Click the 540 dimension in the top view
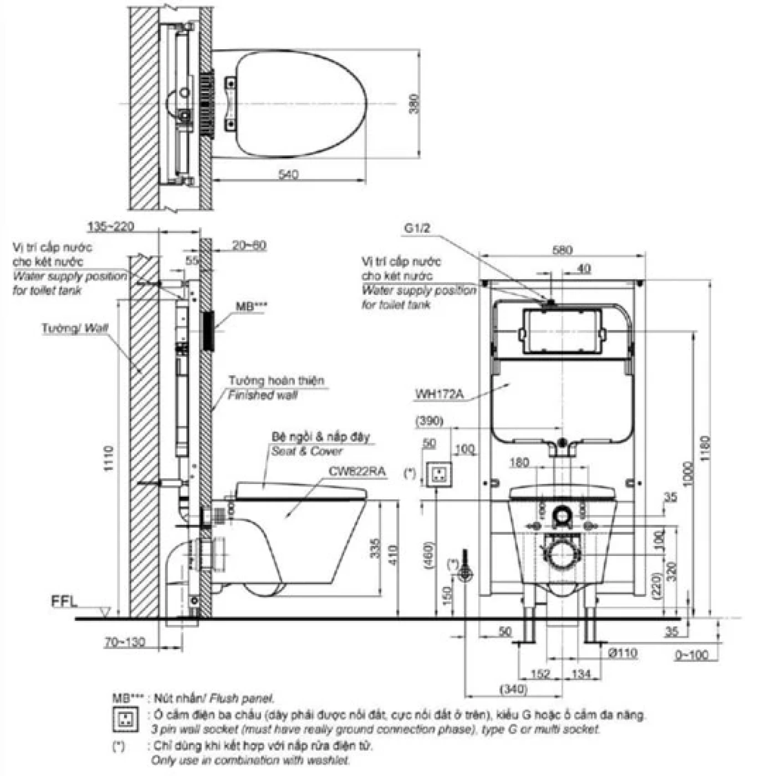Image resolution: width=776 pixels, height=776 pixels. [x=288, y=174]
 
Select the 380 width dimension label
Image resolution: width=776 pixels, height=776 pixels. [x=414, y=104]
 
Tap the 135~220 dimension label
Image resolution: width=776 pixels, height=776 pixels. [x=110, y=227]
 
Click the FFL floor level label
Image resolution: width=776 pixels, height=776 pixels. [x=64, y=601]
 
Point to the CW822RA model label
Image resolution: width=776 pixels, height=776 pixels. [x=357, y=472]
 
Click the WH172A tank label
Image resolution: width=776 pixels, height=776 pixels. [x=439, y=395]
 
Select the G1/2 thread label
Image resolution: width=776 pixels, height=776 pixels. [x=417, y=228]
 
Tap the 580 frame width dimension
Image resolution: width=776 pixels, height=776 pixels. [x=562, y=250]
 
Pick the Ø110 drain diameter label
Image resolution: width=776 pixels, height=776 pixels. [x=623, y=653]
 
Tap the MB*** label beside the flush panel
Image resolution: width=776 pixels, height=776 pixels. [x=251, y=307]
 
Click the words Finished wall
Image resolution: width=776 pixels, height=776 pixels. [x=263, y=395]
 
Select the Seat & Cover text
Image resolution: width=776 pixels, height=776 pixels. [x=307, y=451]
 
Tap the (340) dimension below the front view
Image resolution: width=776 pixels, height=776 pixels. [x=513, y=690]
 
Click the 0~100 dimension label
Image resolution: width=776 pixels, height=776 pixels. [x=692, y=655]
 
